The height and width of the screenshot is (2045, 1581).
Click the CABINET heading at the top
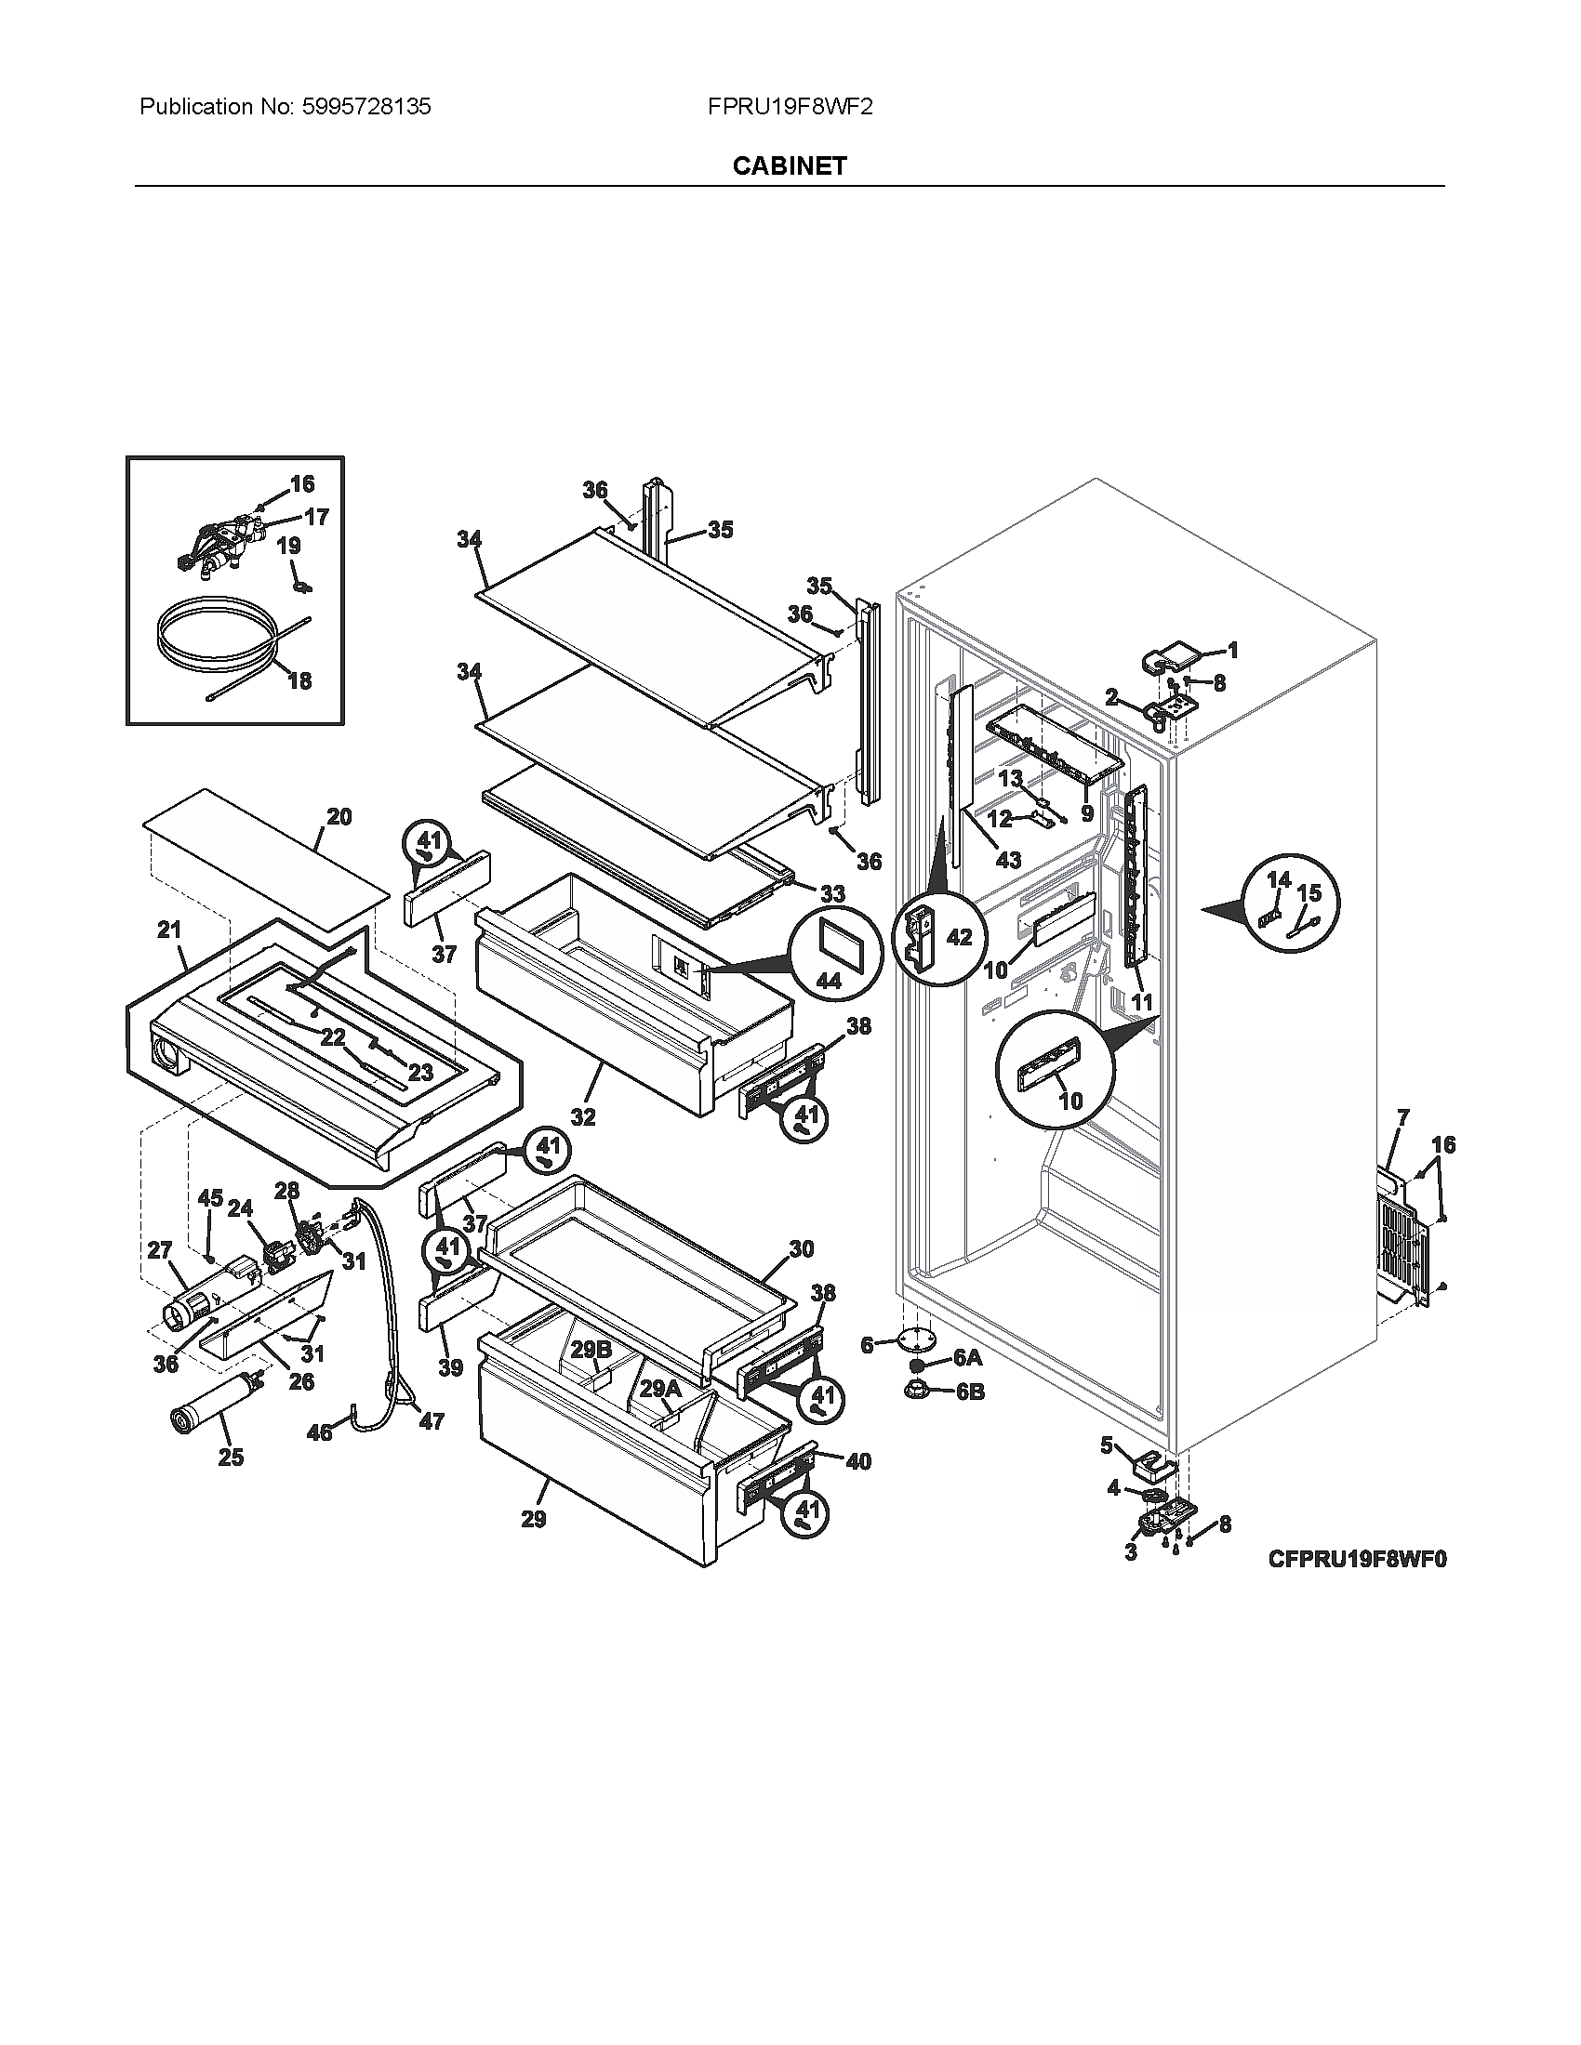tap(789, 165)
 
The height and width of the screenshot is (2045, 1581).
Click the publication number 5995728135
tap(367, 107)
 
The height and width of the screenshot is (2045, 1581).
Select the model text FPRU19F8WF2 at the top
tap(790, 107)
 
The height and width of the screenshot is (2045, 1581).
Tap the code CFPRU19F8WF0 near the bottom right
tap(1357, 1559)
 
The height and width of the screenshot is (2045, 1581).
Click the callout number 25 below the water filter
tap(231, 1457)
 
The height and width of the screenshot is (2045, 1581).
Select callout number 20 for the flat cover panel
tap(339, 816)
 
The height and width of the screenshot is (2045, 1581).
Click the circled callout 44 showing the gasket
tap(828, 980)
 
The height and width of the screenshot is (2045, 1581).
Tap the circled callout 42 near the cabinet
tap(959, 936)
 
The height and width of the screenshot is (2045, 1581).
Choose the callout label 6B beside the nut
tap(970, 1392)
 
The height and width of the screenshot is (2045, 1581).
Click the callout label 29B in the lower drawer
tap(591, 1351)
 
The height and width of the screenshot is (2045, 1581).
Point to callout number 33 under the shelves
tap(831, 893)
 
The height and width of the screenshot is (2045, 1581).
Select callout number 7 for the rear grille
tap(1403, 1116)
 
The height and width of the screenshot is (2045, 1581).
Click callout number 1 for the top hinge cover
tap(1232, 650)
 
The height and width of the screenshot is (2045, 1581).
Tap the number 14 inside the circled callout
tap(1279, 879)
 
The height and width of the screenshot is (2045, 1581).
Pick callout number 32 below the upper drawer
tap(582, 1116)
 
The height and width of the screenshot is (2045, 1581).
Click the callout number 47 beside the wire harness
tap(431, 1421)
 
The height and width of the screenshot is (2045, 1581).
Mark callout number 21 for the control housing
tap(168, 930)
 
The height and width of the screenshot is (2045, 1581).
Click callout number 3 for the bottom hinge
tap(1131, 1552)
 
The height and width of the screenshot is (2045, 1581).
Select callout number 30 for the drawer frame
tap(801, 1248)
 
